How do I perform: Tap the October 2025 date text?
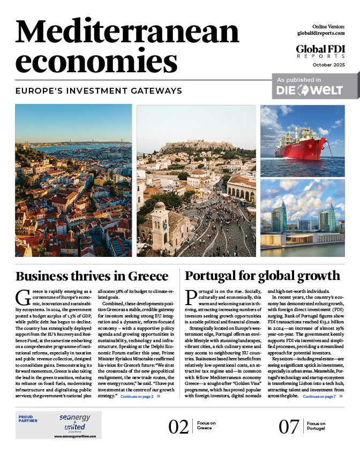(327, 65)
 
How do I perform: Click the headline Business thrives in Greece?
(92, 276)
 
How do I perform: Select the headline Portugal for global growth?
(262, 276)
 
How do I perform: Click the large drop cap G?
(22, 298)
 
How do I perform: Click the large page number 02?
(178, 427)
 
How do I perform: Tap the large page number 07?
(289, 427)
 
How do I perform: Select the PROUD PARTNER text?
(29, 419)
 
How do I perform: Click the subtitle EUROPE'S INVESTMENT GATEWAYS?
(99, 90)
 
